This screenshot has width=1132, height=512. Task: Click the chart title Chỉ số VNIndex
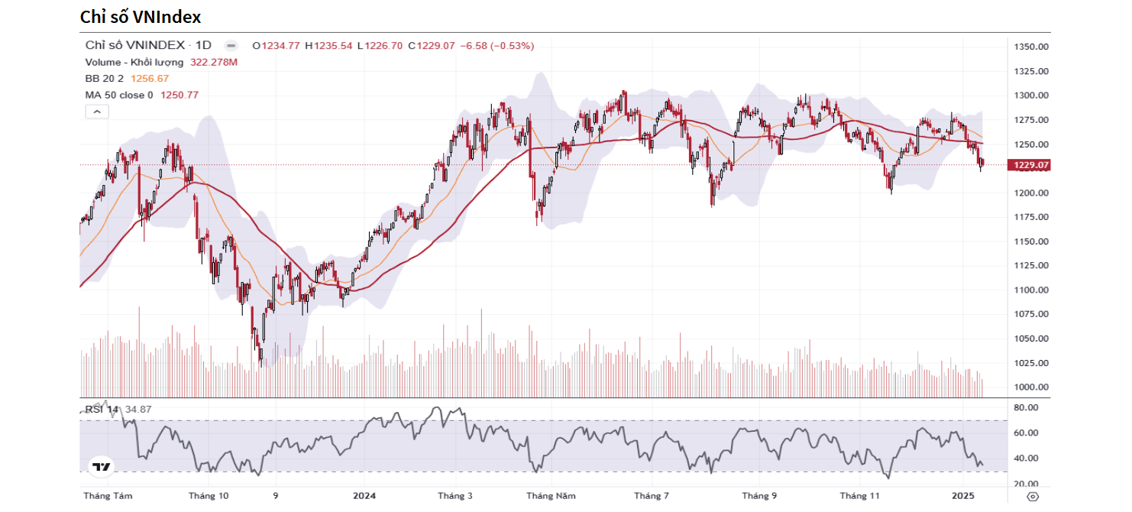(141, 16)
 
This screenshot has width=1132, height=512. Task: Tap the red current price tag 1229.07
(1030, 165)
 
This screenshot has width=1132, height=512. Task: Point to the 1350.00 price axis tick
(1030, 47)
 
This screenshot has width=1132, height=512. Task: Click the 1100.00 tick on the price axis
(1030, 290)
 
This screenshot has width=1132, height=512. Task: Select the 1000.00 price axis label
(1030, 387)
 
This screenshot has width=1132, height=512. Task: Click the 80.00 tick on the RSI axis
(1026, 408)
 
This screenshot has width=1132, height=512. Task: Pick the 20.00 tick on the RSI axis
(1026, 484)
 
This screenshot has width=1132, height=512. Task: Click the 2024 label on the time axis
(364, 496)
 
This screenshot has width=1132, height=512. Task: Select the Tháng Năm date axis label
(551, 496)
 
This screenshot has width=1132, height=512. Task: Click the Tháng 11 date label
(860, 496)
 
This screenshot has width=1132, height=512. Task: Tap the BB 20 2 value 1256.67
(150, 78)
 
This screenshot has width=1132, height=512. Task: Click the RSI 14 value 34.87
(138, 410)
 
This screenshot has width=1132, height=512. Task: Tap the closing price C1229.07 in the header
(432, 46)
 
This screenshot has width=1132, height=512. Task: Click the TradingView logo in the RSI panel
(102, 466)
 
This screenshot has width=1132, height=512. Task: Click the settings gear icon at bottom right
(1033, 496)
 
